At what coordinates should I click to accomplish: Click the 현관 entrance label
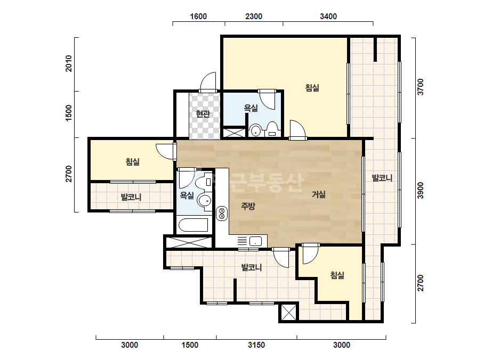(x=203, y=113)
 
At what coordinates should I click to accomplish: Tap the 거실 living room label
(x=318, y=194)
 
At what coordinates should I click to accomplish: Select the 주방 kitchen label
(x=248, y=206)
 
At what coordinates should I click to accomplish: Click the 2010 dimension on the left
(x=68, y=63)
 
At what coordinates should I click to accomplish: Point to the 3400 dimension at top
(x=328, y=17)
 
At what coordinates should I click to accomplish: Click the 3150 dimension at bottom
(x=256, y=345)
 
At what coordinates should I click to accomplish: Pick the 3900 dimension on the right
(x=420, y=190)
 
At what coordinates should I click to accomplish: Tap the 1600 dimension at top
(x=198, y=17)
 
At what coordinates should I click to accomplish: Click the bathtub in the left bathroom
(x=193, y=225)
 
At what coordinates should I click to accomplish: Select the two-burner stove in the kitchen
(x=222, y=213)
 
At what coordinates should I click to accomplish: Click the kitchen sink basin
(x=255, y=241)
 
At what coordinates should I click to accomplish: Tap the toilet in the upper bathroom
(x=272, y=129)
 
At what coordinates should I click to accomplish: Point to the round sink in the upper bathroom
(x=256, y=130)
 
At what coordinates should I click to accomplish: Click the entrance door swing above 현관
(x=208, y=82)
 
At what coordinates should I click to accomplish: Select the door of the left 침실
(x=166, y=151)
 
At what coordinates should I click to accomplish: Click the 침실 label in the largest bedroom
(x=312, y=87)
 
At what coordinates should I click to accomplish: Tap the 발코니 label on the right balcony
(x=382, y=178)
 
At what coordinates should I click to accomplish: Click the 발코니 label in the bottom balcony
(x=252, y=267)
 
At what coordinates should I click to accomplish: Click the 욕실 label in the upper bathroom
(x=251, y=108)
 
